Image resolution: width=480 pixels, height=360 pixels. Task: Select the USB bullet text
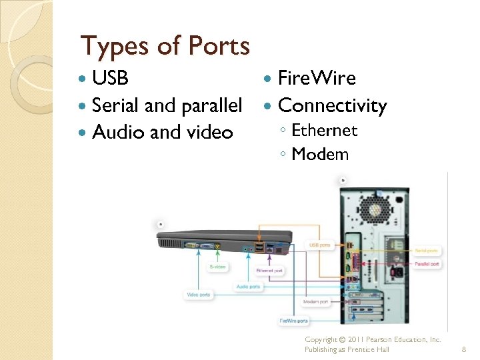point(110,78)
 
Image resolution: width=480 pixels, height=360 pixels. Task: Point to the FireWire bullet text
point(317,78)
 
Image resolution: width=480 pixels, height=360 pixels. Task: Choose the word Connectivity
point(332,105)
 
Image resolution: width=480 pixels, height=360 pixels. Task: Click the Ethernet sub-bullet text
point(325,130)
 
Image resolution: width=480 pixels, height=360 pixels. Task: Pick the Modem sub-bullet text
point(320,154)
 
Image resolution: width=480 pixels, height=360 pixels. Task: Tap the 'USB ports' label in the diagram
point(319,245)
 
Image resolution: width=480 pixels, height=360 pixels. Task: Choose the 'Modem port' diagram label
point(315,302)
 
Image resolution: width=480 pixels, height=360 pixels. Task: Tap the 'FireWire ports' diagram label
point(294,321)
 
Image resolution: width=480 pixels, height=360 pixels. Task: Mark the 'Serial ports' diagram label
point(427,251)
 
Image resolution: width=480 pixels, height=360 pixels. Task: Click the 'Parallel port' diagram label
point(427,264)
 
